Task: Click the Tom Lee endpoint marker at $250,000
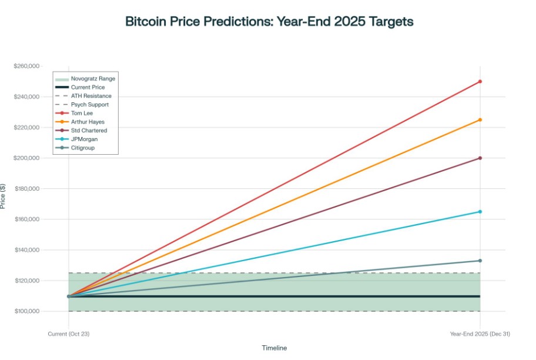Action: [480, 81]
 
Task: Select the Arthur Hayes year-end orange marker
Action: [480, 120]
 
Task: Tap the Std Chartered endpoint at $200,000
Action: [480, 158]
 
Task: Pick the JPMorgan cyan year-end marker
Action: [480, 212]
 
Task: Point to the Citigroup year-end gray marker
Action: [480, 261]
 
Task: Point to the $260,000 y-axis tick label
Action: [26, 66]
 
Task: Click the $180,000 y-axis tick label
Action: [26, 189]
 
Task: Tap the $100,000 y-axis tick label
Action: [26, 311]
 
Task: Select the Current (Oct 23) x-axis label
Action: [69, 334]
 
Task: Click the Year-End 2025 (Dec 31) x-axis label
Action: [480, 334]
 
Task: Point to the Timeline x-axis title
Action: [274, 348]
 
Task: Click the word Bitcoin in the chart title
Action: [147, 22]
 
